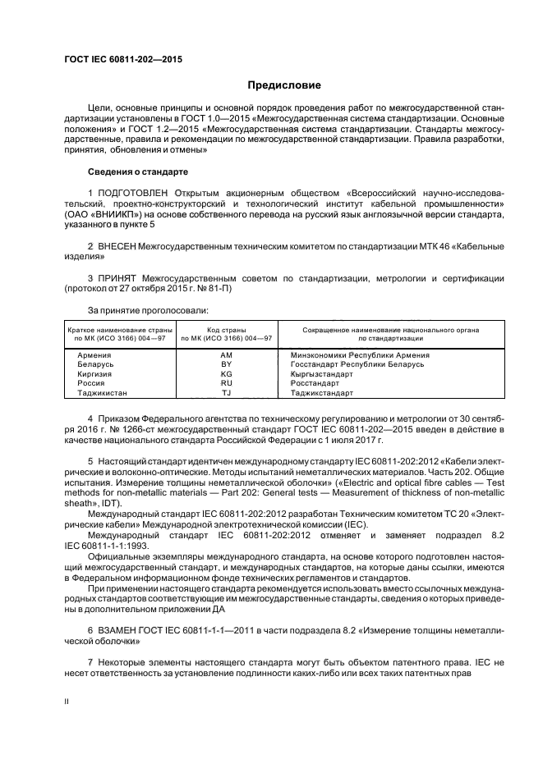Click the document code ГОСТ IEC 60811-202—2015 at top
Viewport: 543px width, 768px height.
pyautogui.click(x=123, y=60)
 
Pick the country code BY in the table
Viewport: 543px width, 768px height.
pyautogui.click(x=227, y=363)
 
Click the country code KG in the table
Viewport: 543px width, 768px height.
pyautogui.click(x=227, y=373)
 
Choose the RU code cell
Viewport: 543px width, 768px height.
pyautogui.click(x=227, y=383)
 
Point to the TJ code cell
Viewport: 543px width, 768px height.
pyautogui.click(x=227, y=393)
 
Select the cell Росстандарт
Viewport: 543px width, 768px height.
pyautogui.click(x=315, y=383)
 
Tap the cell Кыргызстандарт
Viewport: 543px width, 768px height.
pyautogui.click(x=322, y=373)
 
